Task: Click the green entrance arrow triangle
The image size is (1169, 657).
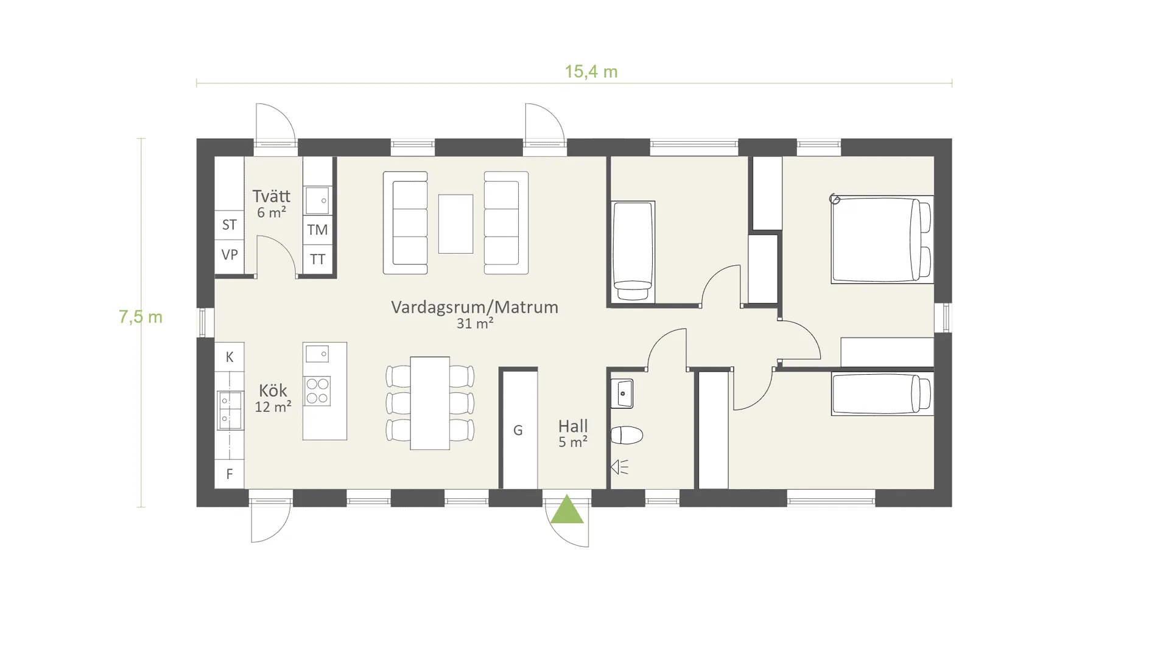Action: tap(567, 510)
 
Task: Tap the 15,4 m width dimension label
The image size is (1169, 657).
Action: tap(591, 72)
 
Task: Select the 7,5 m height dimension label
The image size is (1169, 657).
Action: tap(141, 317)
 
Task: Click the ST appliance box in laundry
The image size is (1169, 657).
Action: tap(230, 225)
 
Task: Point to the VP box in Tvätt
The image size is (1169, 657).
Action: tap(230, 255)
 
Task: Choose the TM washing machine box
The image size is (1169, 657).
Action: tap(317, 230)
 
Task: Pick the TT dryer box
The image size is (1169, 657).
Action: tap(317, 259)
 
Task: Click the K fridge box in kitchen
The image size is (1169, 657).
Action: tap(230, 357)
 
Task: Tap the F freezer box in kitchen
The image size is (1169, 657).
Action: tap(230, 474)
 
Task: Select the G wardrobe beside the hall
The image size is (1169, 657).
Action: tap(518, 430)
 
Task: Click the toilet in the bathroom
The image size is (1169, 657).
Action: tap(627, 435)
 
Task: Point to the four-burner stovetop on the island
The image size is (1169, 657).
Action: tap(317, 391)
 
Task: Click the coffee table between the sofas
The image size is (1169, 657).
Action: tap(455, 224)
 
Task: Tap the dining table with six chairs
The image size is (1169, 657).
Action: tap(430, 403)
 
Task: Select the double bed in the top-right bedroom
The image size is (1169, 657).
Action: tap(882, 240)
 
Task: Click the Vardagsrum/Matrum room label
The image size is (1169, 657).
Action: tap(475, 307)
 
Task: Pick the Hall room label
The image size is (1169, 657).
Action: tap(573, 426)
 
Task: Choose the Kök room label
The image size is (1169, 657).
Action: tap(273, 391)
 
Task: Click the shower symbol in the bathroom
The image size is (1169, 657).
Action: tap(619, 467)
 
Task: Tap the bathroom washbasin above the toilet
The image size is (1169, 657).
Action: tap(622, 394)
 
